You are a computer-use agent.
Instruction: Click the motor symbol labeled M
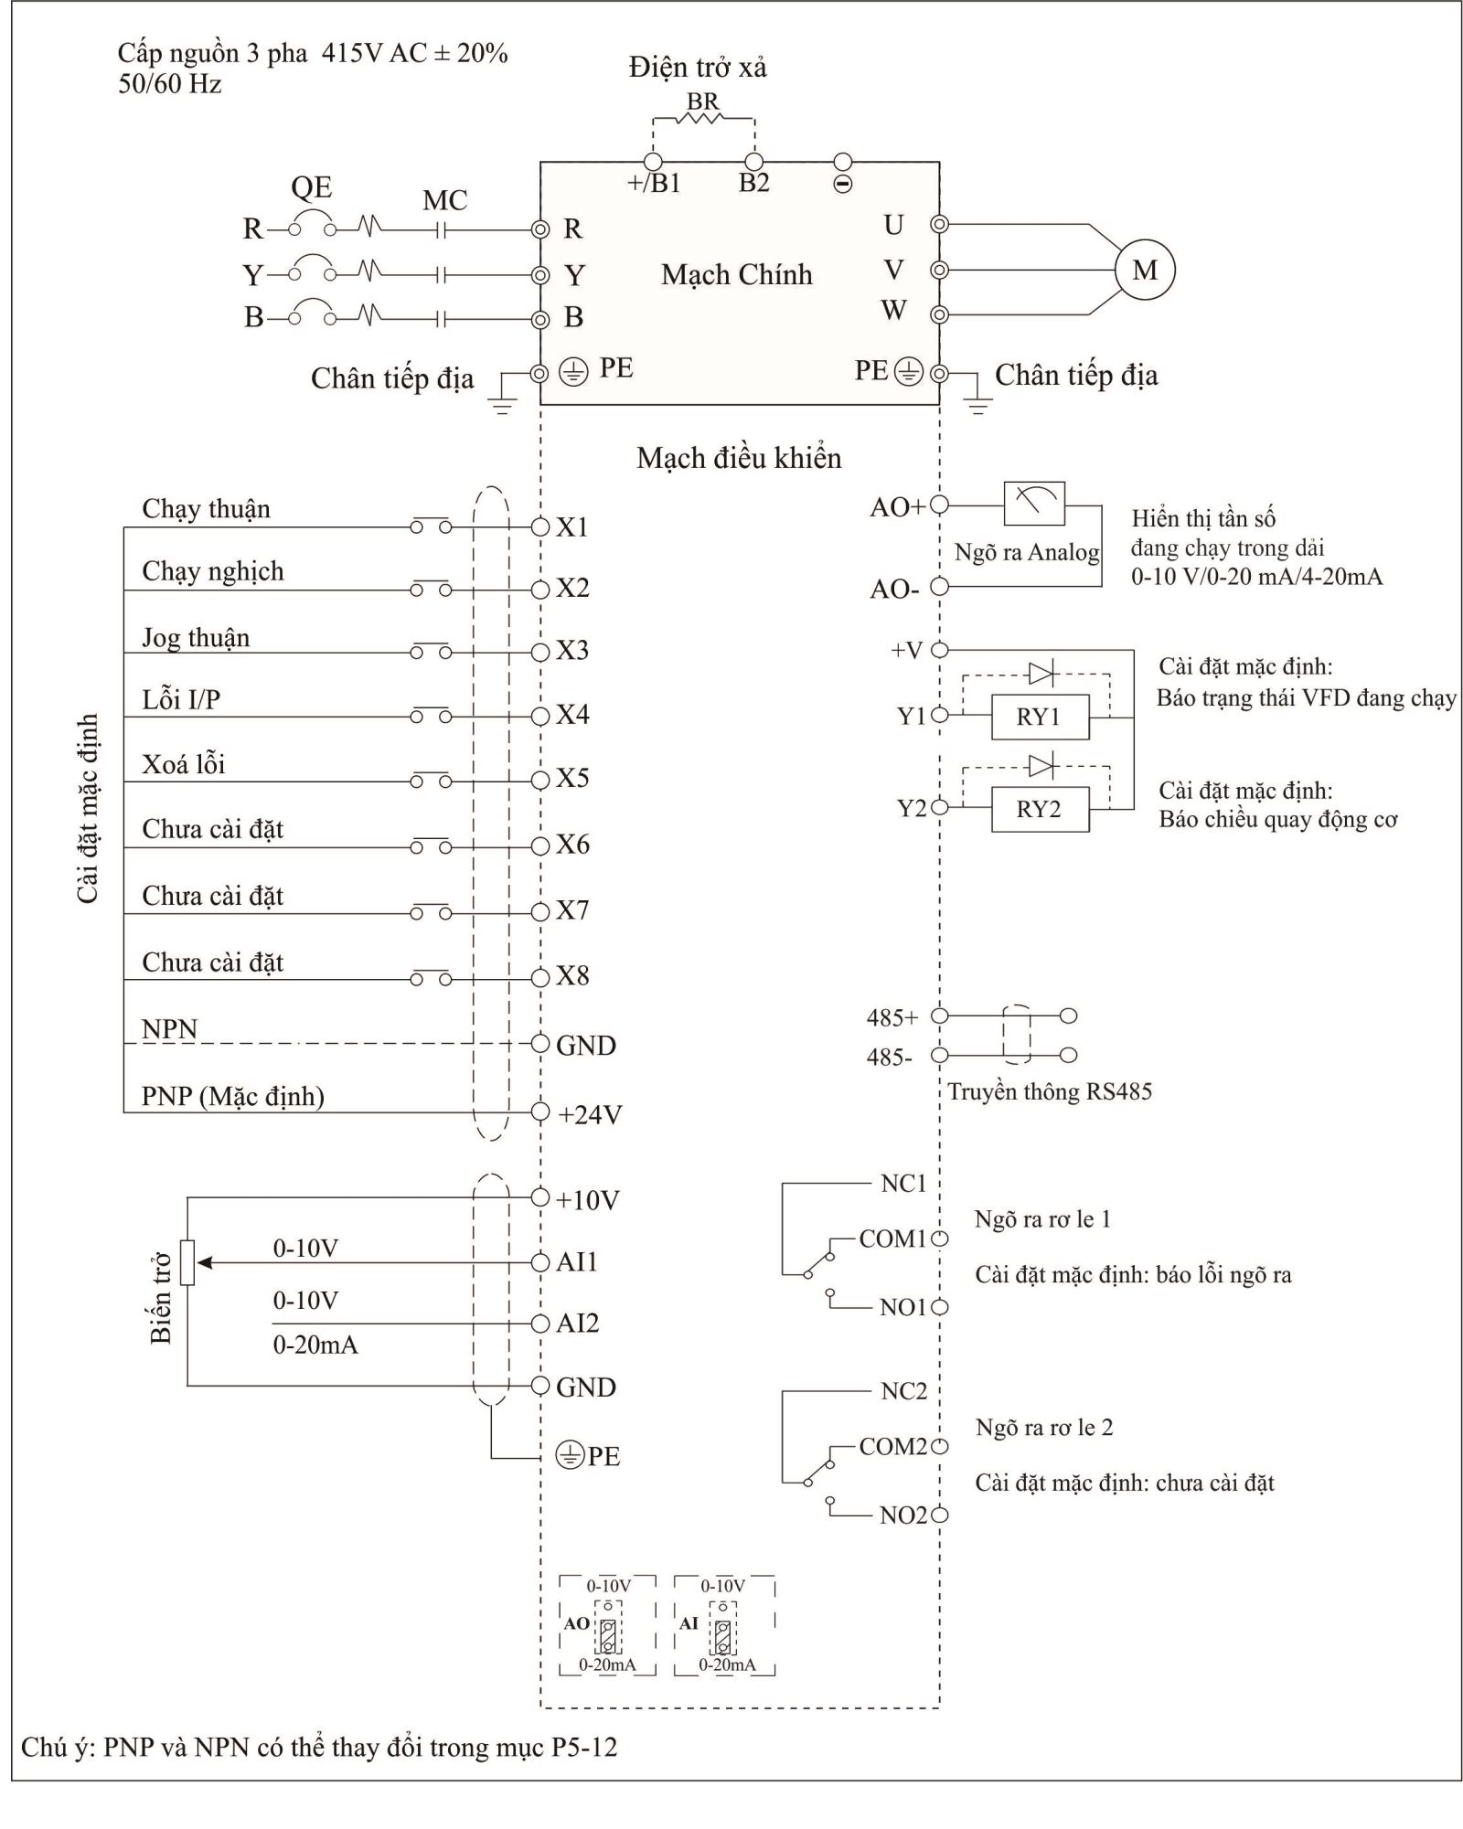(x=1145, y=271)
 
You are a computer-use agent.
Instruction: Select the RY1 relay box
(x=1040, y=717)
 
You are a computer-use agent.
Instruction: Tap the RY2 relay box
(x=1040, y=810)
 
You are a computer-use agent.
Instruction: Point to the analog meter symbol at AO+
(x=1034, y=504)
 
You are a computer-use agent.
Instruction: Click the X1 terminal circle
(x=540, y=526)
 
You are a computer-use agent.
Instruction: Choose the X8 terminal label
(x=573, y=976)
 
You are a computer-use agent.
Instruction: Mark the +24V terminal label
(x=590, y=1115)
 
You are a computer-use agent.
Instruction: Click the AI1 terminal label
(x=577, y=1262)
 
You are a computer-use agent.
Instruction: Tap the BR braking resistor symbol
(x=703, y=118)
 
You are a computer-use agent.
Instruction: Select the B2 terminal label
(x=754, y=183)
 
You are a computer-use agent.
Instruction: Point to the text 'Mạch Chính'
(x=737, y=274)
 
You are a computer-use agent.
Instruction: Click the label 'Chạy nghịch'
(x=213, y=572)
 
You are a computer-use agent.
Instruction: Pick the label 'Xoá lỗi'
(x=184, y=763)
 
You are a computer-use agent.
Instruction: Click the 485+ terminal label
(x=892, y=1017)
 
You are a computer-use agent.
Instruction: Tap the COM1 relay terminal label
(x=892, y=1239)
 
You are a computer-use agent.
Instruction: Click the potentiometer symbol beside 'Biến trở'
(x=187, y=1262)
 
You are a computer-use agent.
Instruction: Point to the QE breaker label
(x=311, y=187)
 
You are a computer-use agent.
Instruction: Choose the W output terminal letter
(x=893, y=311)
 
